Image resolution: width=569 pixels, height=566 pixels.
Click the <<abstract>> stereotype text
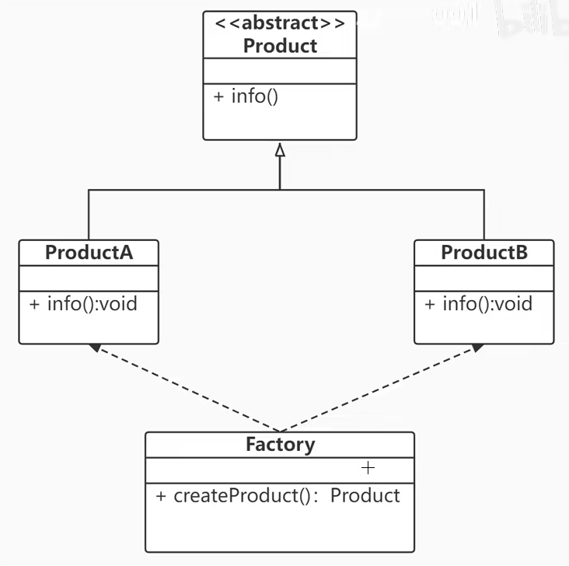280,23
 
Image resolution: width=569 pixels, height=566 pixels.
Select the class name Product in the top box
280,46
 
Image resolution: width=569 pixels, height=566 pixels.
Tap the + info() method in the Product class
245,98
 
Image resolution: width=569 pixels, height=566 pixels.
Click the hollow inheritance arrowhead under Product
280,149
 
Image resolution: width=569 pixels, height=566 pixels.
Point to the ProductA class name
89,253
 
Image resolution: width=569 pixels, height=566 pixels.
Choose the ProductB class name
484,253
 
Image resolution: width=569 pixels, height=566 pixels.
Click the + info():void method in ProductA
83,303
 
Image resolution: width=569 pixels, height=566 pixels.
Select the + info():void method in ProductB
479,303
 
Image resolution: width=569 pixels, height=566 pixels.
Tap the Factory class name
280,445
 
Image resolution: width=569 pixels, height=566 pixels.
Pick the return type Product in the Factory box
365,495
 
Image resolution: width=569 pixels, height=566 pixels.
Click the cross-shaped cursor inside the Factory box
368,468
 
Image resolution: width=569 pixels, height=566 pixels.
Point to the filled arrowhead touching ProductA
95,348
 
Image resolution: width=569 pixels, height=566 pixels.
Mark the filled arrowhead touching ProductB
476,348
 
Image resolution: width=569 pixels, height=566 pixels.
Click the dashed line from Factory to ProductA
187,389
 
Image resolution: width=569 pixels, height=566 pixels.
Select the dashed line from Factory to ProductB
377,389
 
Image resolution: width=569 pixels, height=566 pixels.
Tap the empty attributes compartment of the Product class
280,69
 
